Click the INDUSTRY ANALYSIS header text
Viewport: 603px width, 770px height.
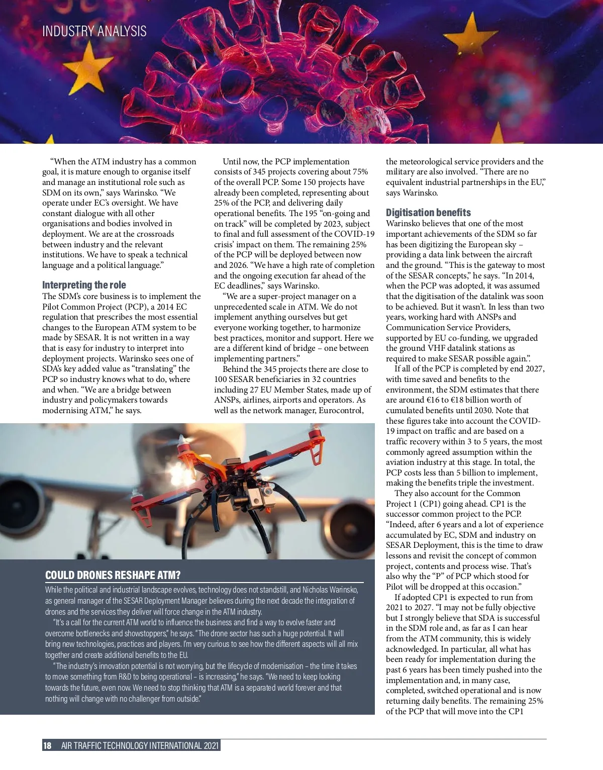tap(94, 31)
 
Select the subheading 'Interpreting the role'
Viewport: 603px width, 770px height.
tap(84, 285)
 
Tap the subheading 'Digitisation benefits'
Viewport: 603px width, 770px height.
tap(428, 213)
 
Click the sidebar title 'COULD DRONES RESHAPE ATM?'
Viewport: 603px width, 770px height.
tap(113, 575)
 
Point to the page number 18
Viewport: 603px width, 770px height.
tap(47, 745)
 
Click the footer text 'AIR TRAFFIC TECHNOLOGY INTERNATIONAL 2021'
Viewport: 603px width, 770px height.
tap(140, 745)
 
